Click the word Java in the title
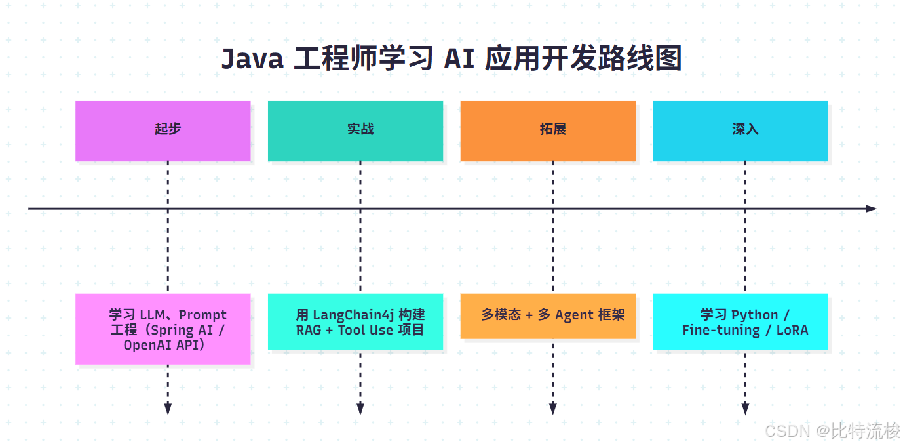click(x=252, y=59)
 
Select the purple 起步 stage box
click(x=163, y=131)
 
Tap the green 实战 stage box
click(x=355, y=131)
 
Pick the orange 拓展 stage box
click(x=548, y=131)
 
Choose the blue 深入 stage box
click(x=740, y=131)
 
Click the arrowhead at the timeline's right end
click(x=871, y=209)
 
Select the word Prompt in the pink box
click(x=202, y=315)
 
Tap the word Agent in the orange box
click(x=574, y=315)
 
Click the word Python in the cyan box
click(x=754, y=315)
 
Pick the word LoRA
click(x=792, y=330)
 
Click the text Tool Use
click(x=365, y=330)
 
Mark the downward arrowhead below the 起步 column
click(x=168, y=409)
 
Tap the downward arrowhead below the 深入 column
click(x=745, y=409)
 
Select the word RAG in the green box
click(x=309, y=330)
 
